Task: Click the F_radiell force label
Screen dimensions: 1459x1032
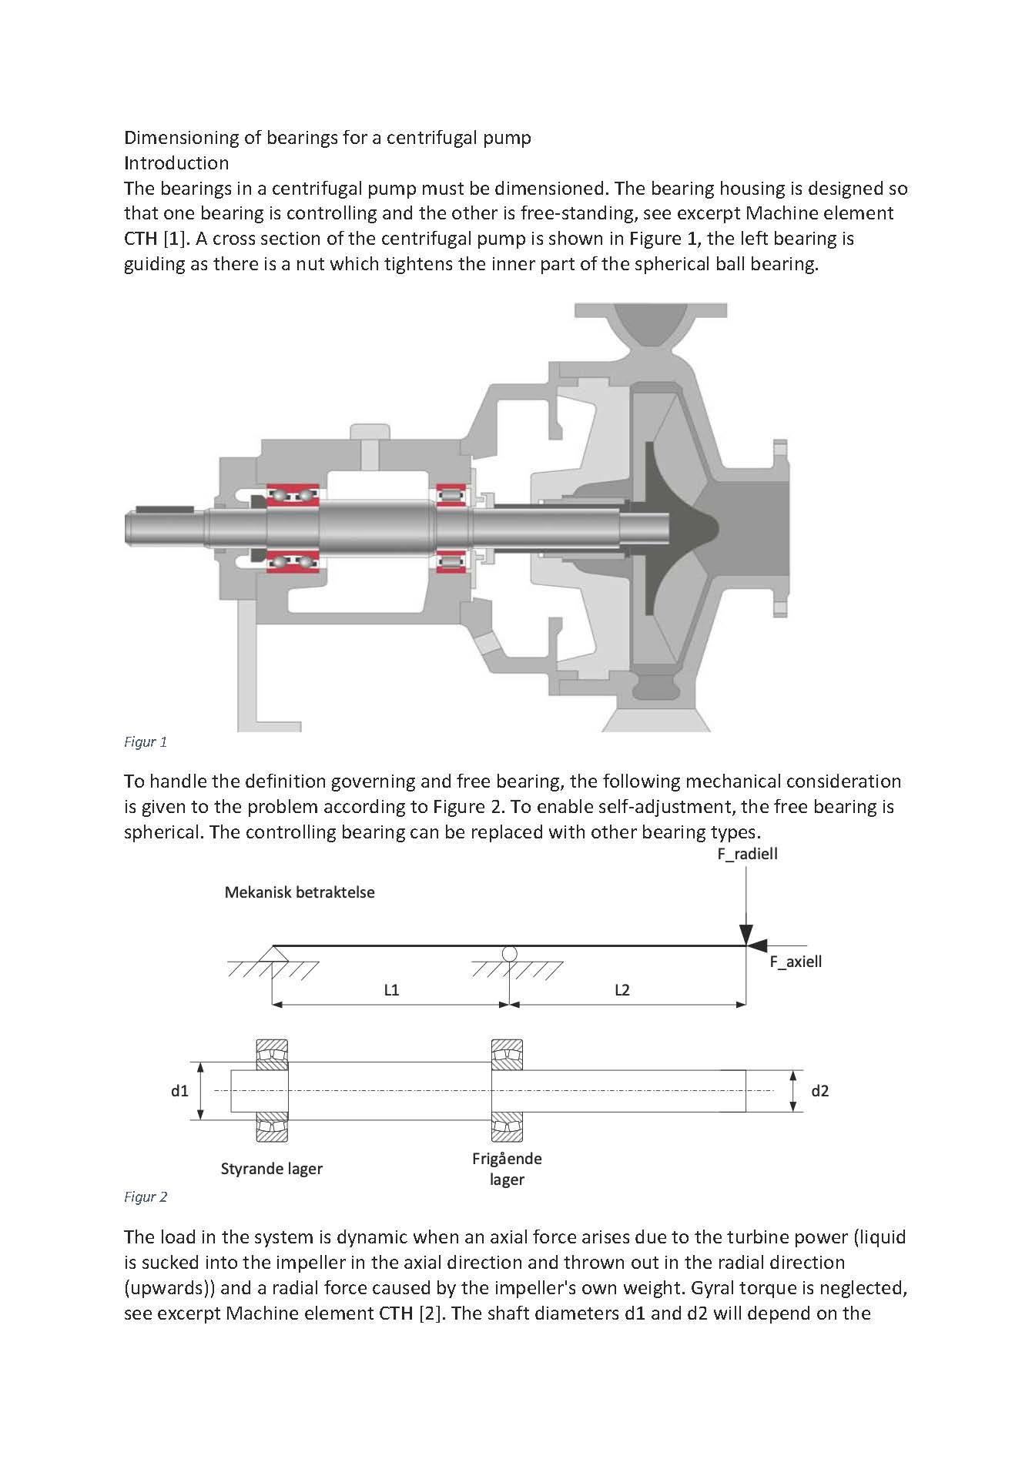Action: coord(747,854)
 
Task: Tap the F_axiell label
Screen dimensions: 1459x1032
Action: coord(796,962)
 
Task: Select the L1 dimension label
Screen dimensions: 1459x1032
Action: coord(391,990)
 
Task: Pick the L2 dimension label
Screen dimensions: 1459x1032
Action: coord(622,990)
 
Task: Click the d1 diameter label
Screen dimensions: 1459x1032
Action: coord(179,1091)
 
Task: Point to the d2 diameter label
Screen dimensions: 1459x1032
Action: coord(820,1091)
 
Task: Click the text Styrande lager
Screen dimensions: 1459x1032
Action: coord(271,1169)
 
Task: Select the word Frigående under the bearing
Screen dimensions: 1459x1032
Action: coord(507,1159)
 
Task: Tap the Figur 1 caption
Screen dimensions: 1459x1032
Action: coord(146,742)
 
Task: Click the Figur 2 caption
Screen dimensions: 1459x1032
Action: coord(146,1197)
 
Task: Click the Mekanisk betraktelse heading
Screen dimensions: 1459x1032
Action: coord(300,892)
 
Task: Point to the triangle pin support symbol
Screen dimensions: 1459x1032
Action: coord(272,953)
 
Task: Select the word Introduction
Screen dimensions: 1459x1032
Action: coord(176,163)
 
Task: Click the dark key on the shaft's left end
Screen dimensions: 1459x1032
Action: coord(164,510)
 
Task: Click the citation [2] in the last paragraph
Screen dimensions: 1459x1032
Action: coord(430,1313)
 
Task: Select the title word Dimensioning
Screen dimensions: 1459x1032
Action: coord(181,138)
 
